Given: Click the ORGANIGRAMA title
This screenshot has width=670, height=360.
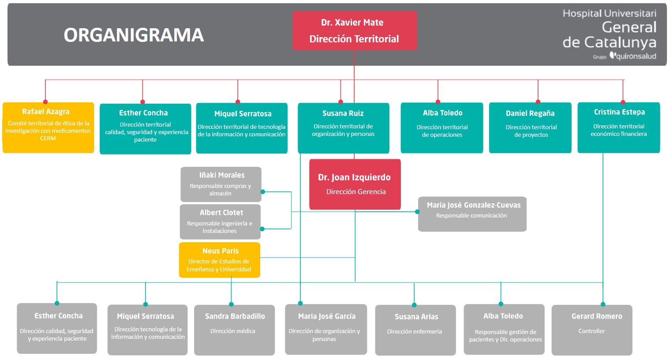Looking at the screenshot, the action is [134, 35].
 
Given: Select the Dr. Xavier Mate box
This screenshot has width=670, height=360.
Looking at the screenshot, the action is [355, 30].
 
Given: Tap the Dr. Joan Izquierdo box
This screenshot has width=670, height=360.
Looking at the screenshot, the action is [355, 184].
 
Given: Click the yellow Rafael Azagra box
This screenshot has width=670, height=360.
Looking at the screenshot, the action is [48, 127].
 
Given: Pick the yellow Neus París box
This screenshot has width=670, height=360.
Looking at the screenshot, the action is [220, 260].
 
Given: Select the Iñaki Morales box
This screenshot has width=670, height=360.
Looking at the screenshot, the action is [221, 184].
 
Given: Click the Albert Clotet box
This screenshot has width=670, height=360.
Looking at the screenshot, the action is [220, 221].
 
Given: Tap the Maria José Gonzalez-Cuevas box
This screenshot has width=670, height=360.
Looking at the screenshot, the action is [472, 214].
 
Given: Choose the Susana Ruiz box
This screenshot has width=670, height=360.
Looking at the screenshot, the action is [343, 128].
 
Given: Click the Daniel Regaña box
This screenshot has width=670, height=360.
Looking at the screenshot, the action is [530, 128].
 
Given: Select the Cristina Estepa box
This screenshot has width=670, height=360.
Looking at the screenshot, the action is [618, 127].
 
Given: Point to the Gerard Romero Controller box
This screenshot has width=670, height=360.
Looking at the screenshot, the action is [592, 330].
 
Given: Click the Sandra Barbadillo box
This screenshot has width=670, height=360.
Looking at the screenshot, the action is [234, 330].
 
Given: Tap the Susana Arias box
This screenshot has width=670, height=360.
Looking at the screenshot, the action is [415, 330].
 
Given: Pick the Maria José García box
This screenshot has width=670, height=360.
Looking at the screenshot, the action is [326, 329].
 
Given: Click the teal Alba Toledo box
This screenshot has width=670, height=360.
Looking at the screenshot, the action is [442, 128].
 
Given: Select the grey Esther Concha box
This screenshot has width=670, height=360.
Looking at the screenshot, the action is [57, 328].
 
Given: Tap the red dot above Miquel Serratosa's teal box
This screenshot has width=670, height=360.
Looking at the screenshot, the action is [238, 102].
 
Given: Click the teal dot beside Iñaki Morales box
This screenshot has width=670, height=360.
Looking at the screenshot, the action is [262, 191].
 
